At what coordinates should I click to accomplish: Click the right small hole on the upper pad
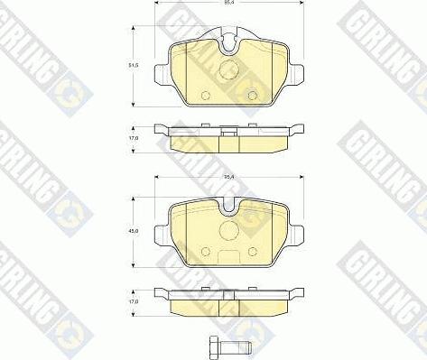tap(253, 97)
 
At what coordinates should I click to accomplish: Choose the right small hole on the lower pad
tap(253, 252)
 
